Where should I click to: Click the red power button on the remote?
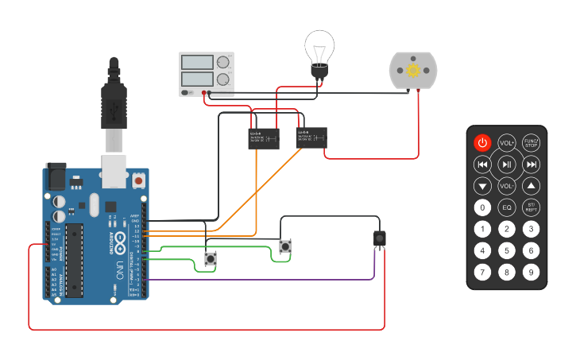[x=482, y=143]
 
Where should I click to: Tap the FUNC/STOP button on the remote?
[x=532, y=143]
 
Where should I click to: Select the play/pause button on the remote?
[x=507, y=165]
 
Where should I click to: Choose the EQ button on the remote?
[x=507, y=208]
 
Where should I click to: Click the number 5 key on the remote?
[x=507, y=251]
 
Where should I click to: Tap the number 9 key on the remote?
[x=532, y=273]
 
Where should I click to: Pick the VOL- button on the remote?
[x=507, y=186]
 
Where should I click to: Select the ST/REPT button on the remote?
[x=532, y=208]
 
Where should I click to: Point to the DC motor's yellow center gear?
[x=413, y=71]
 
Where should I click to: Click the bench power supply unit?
[x=207, y=74]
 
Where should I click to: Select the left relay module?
[x=264, y=138]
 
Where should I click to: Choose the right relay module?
[x=311, y=137]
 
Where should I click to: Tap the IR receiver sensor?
[x=380, y=237]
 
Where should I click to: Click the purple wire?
[x=262, y=280]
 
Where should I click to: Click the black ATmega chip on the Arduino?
[x=75, y=260]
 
